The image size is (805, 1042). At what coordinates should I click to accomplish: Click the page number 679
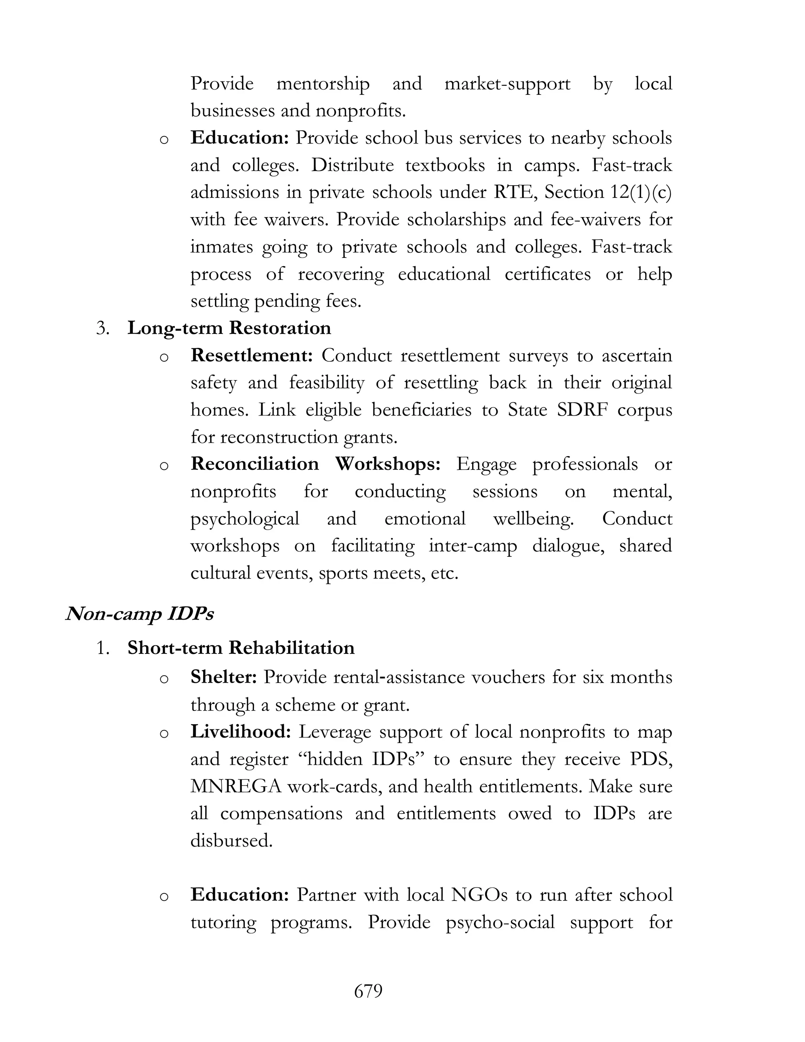point(368,991)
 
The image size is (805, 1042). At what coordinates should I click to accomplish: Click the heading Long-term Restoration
point(229,328)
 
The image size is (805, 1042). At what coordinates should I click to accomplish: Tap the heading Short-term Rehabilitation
point(241,648)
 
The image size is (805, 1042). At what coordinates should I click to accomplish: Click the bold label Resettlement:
point(251,355)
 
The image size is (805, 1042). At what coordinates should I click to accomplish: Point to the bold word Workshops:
point(387,464)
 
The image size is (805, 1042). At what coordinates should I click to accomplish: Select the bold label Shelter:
point(224,677)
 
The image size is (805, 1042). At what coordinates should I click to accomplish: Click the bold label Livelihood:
point(240,731)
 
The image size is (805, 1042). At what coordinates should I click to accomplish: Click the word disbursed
point(231,840)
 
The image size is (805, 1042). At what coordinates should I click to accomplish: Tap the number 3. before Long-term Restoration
point(103,328)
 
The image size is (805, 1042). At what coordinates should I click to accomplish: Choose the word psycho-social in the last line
point(500,922)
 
